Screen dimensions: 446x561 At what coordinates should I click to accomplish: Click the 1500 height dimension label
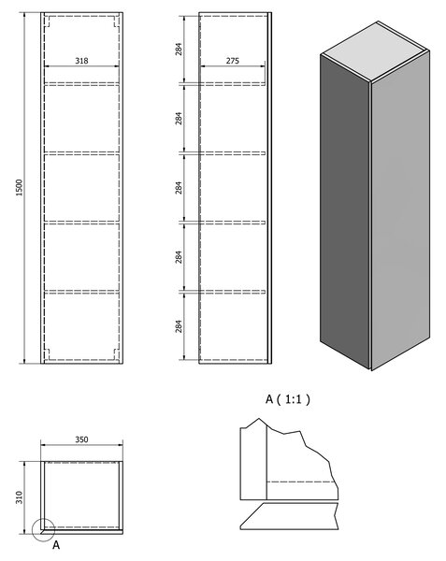[x=19, y=187]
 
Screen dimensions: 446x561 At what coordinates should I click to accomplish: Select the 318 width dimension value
[x=81, y=61]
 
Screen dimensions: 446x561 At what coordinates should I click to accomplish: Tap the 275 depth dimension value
[x=233, y=61]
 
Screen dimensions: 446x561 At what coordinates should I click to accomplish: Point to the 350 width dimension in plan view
[x=81, y=439]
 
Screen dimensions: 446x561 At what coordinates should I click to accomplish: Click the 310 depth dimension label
[x=19, y=497]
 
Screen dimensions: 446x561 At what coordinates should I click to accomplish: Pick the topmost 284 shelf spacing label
[x=179, y=49]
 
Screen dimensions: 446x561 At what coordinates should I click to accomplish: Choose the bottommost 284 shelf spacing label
[x=179, y=326]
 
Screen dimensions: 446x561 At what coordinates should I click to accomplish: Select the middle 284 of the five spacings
[x=179, y=188]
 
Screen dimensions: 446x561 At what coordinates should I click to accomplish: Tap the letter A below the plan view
[x=56, y=545]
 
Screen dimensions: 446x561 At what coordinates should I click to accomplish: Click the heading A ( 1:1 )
[x=288, y=399]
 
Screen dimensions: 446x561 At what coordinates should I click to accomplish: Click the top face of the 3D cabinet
[x=374, y=51]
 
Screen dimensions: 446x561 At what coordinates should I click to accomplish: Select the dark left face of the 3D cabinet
[x=345, y=211]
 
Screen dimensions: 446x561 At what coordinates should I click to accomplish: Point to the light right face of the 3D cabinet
[x=400, y=211]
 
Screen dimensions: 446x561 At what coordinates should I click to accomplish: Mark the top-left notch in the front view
[x=47, y=22]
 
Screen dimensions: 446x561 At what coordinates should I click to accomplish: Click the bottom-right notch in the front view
[x=116, y=353]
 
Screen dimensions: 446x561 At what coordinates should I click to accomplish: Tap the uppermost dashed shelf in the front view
[x=81, y=84]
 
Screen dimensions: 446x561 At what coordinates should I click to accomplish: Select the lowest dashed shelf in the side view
[x=233, y=292]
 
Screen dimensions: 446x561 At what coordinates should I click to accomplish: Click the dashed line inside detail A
[x=302, y=482]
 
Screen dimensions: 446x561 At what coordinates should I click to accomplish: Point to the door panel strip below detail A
[x=289, y=516]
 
